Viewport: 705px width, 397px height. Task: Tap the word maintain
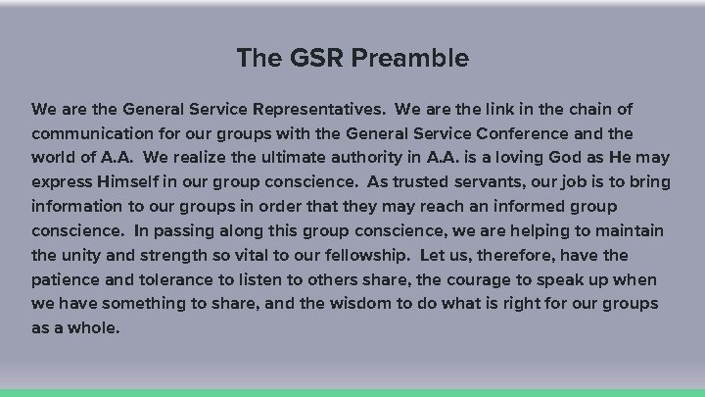tap(630, 230)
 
